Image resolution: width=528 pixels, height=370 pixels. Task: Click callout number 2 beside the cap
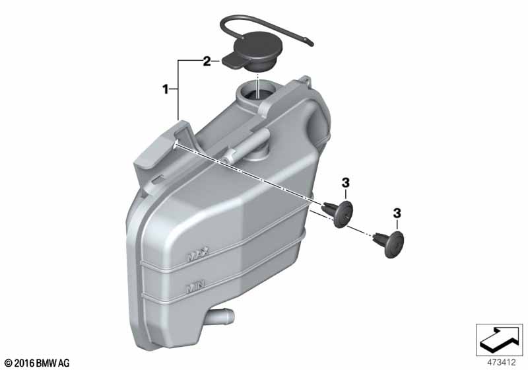pyautogui.click(x=207, y=61)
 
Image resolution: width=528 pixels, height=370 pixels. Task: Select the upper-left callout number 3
pyautogui.click(x=346, y=183)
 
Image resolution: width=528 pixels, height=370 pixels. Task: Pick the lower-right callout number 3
pyautogui.click(x=397, y=213)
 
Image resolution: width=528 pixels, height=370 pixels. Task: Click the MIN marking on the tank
pyautogui.click(x=195, y=287)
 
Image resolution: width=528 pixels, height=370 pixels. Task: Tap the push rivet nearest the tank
pyautogui.click(x=339, y=213)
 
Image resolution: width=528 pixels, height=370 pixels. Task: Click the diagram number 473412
pyautogui.click(x=502, y=363)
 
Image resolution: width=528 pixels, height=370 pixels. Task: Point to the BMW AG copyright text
pyautogui.click(x=36, y=363)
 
